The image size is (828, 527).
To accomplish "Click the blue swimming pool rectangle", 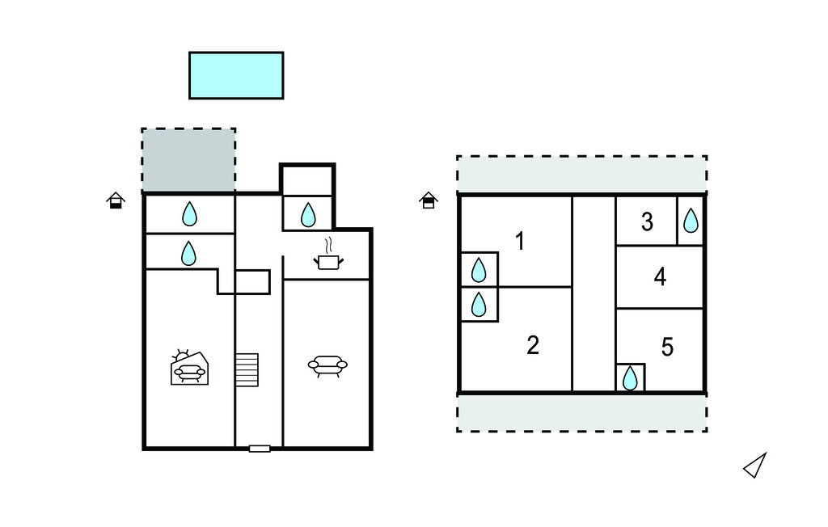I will pos(236,75).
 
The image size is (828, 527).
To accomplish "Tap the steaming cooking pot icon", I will pos(327,258).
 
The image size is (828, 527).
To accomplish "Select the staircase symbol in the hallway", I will pos(247,369).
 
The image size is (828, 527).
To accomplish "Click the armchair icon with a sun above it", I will pos(190,369).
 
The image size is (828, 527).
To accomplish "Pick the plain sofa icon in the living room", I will pos(327,366).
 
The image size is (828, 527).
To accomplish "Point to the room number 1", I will pos(520,241).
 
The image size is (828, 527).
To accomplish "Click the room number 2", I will pos(532,345).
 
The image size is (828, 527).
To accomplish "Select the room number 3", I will pos(647,221).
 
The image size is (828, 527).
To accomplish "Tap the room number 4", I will pos(660,277).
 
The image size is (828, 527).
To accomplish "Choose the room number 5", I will pos(667,347).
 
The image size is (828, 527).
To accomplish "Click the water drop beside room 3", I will pos(691,220).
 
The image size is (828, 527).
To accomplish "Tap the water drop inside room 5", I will pos(630,377).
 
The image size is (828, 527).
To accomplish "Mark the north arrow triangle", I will pos(755,466).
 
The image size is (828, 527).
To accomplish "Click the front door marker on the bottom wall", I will pos(260,448).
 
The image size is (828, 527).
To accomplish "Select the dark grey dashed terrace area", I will pos(188,160).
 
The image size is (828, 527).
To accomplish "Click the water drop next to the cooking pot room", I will pos(308,215).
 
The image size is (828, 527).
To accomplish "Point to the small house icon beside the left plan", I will pos(116,200).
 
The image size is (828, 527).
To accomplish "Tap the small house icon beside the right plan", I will pos(429,200).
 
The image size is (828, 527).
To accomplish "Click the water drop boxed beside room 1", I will pos(479,269).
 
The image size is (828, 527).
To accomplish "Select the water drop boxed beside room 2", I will pos(479,304).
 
